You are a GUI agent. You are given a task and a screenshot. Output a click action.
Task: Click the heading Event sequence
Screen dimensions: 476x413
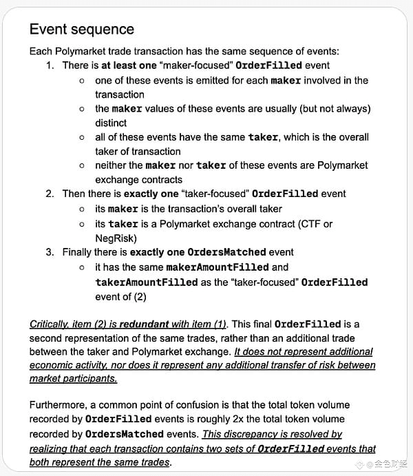pyautogui.click(x=81, y=29)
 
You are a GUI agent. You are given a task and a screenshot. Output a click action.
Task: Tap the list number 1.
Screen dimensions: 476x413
pyautogui.click(x=50, y=65)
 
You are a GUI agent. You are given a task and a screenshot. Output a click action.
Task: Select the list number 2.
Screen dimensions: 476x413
pyautogui.click(x=50, y=194)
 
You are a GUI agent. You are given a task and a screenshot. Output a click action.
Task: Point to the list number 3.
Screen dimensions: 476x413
pyautogui.click(x=50, y=251)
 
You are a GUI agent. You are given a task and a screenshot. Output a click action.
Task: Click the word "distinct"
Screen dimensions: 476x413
pyautogui.click(x=111, y=123)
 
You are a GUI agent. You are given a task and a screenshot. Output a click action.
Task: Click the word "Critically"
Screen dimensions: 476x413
pyautogui.click(x=52, y=324)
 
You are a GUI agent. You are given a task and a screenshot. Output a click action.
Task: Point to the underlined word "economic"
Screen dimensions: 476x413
pyautogui.click(x=53, y=365)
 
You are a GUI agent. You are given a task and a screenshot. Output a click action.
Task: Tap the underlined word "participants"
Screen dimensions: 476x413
pyautogui.click(x=89, y=379)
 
